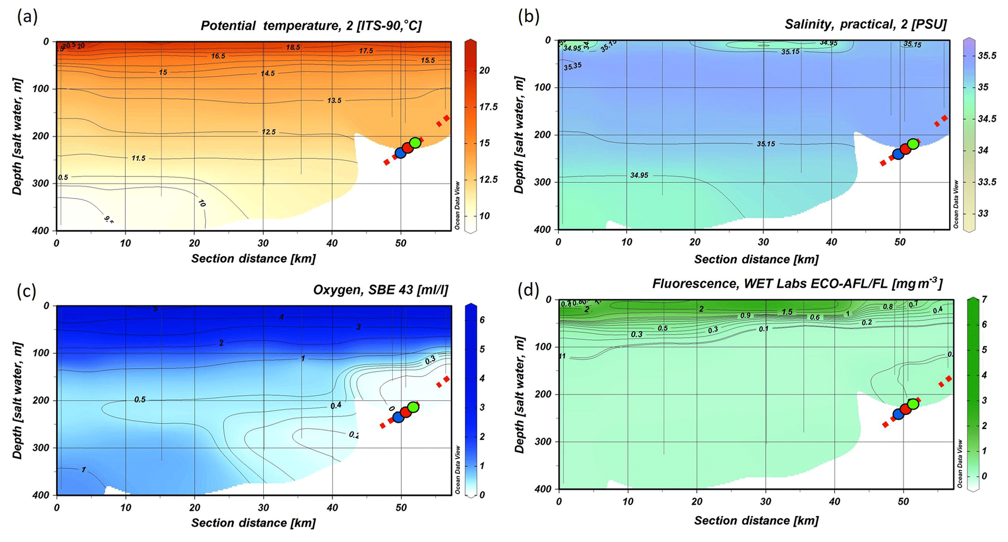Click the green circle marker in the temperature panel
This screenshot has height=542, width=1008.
point(415,143)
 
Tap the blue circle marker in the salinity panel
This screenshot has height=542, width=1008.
point(898,154)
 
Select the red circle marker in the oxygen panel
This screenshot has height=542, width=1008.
point(406,412)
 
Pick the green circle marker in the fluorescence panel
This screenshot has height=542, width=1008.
point(913,404)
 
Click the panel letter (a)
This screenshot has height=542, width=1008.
point(27,17)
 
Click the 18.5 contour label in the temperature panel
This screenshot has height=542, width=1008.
point(293,47)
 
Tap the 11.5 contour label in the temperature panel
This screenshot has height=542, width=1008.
point(138,158)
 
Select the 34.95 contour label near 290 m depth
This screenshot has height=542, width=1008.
point(639,175)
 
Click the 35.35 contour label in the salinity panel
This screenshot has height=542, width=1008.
point(572,66)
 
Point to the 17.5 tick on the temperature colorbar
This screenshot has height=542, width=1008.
point(488,107)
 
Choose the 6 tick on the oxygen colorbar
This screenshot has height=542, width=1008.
point(482,320)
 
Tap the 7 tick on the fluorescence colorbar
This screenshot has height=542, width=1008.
point(984,299)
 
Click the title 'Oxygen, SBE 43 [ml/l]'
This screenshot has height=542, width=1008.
point(380,290)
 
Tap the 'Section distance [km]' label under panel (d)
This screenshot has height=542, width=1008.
point(756,520)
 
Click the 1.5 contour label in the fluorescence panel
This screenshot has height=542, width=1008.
point(787,312)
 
